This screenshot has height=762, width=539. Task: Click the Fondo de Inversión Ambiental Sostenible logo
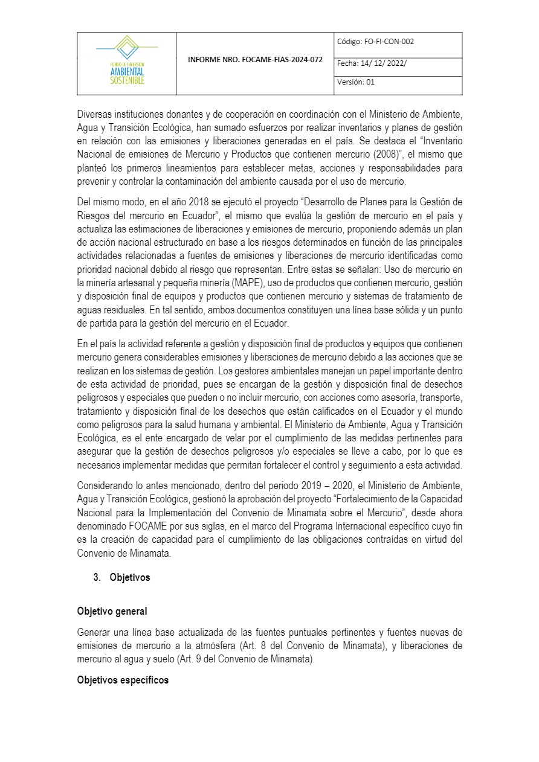(127, 60)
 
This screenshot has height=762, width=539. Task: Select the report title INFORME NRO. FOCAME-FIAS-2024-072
(255, 60)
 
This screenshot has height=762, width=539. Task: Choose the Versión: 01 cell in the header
(357, 82)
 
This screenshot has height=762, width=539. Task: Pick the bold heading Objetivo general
(112, 611)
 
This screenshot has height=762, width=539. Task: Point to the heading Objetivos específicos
(123, 680)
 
